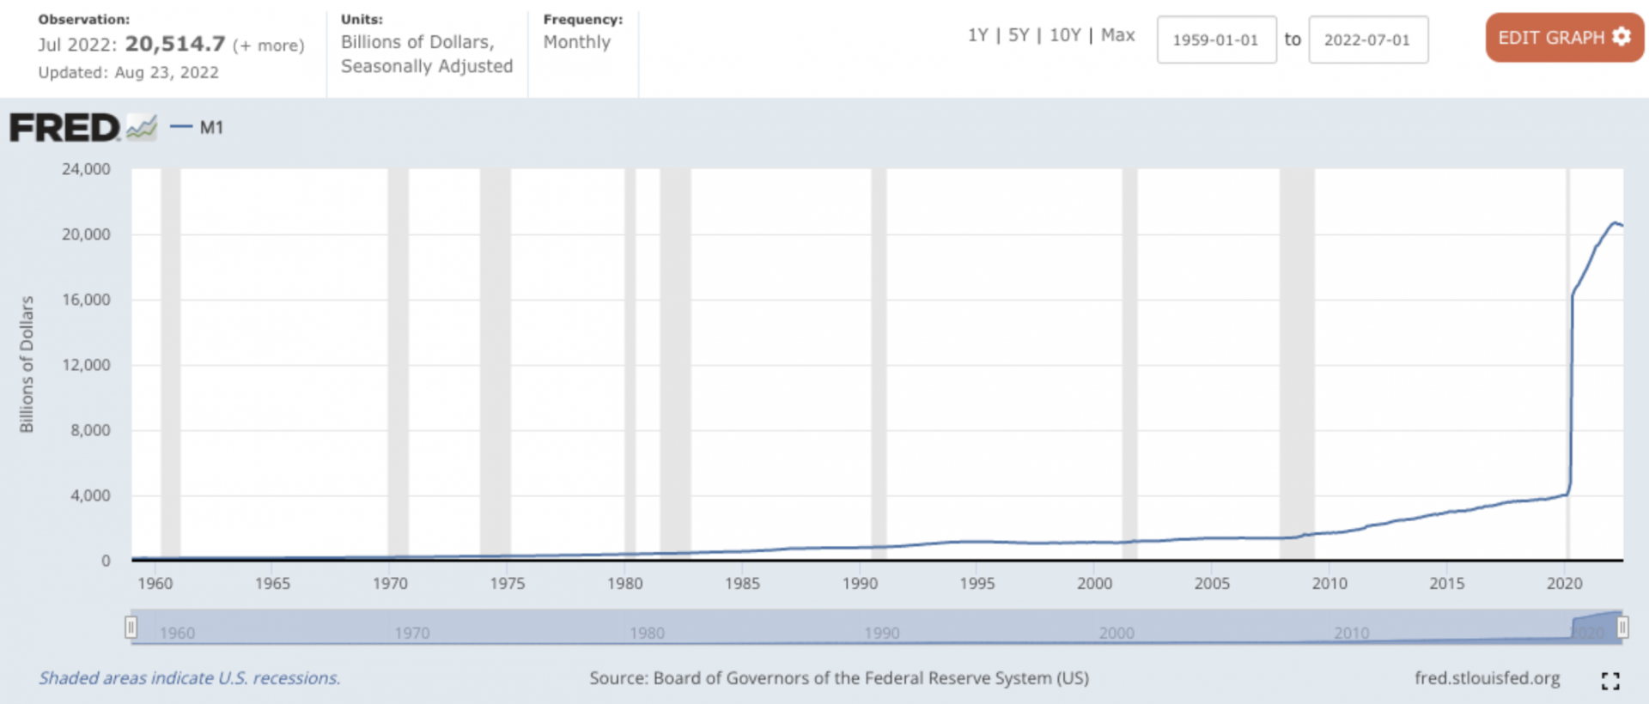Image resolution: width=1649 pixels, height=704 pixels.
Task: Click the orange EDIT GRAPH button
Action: point(1563,38)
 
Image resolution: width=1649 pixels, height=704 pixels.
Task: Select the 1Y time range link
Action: point(977,35)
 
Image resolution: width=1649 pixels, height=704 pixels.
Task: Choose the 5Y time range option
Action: point(1018,35)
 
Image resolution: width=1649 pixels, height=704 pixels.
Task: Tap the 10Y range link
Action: point(1064,35)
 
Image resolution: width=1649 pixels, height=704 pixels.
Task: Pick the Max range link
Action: point(1117,35)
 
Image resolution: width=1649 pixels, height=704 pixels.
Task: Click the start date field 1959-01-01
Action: point(1215,39)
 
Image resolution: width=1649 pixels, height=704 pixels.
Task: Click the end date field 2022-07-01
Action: point(1367,39)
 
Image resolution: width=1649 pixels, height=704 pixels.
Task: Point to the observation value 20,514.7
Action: point(175,44)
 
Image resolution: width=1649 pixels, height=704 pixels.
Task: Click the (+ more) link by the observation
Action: point(268,46)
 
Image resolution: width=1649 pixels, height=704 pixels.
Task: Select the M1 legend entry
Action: point(210,128)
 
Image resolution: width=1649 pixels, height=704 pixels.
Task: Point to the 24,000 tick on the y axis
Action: point(86,169)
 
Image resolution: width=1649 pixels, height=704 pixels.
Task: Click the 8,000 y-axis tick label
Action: point(90,430)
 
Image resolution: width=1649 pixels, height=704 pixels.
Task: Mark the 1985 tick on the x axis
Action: point(742,584)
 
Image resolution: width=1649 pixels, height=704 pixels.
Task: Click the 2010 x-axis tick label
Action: point(1330,584)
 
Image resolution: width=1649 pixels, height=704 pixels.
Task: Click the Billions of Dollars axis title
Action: point(27,364)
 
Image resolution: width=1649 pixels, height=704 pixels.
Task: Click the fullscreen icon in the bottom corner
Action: point(1610,681)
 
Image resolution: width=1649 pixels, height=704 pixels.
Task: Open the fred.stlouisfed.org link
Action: point(1487,678)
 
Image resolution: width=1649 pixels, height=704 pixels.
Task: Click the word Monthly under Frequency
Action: point(576,42)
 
